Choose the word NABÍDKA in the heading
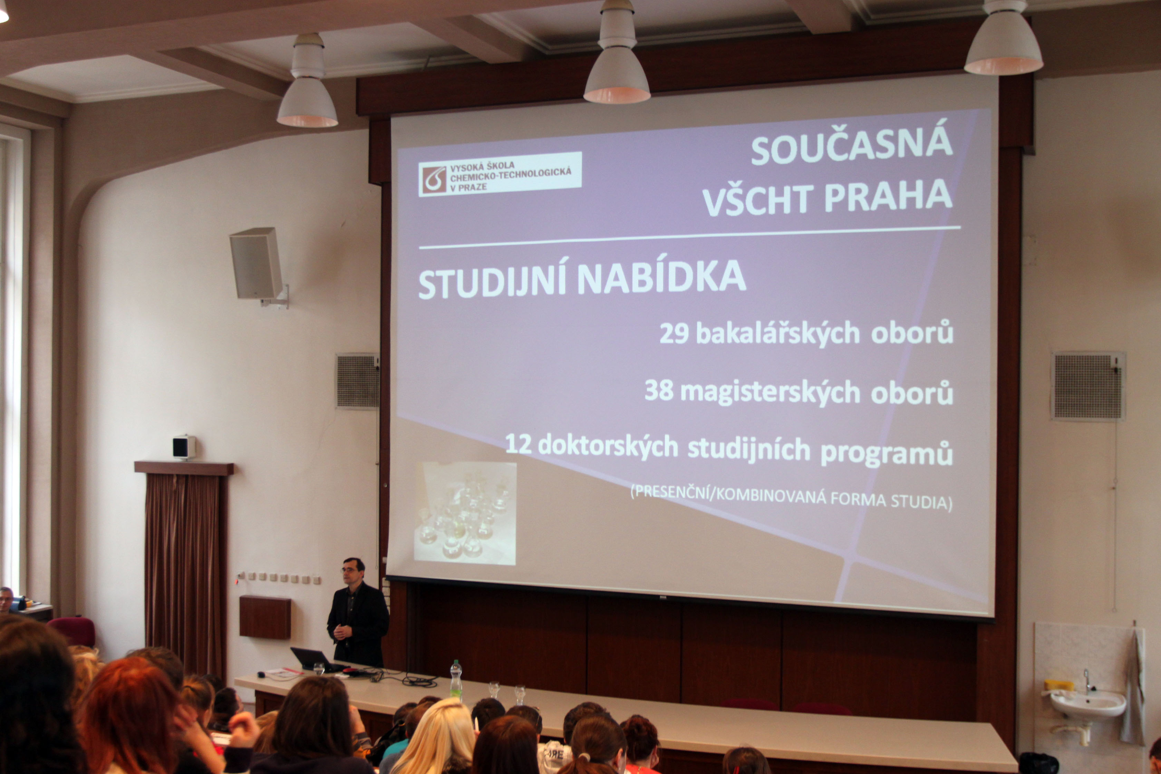(x=661, y=278)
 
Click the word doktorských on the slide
(x=608, y=447)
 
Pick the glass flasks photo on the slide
(x=465, y=513)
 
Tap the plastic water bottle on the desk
(x=456, y=681)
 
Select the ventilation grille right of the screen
(x=1087, y=386)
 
